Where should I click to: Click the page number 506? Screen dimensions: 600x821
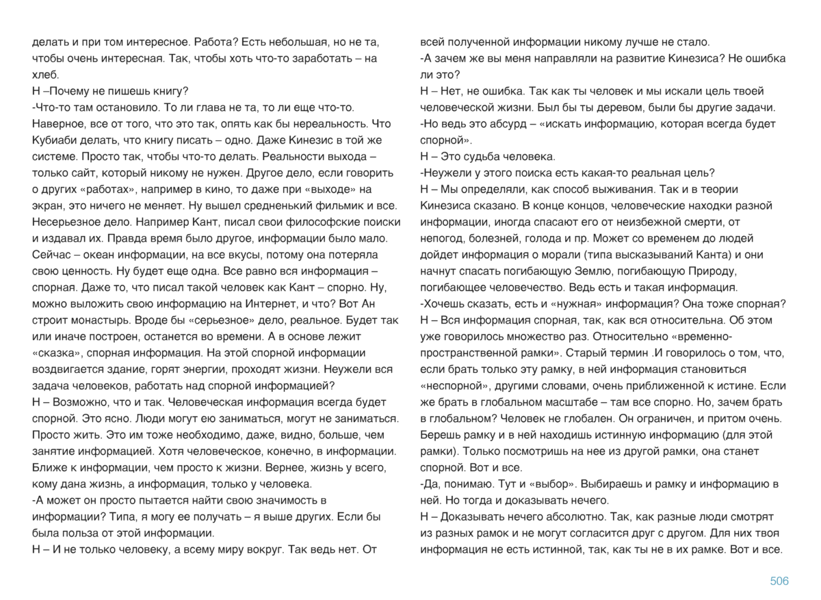tap(779, 581)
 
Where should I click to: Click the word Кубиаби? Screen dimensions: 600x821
tap(55, 140)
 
